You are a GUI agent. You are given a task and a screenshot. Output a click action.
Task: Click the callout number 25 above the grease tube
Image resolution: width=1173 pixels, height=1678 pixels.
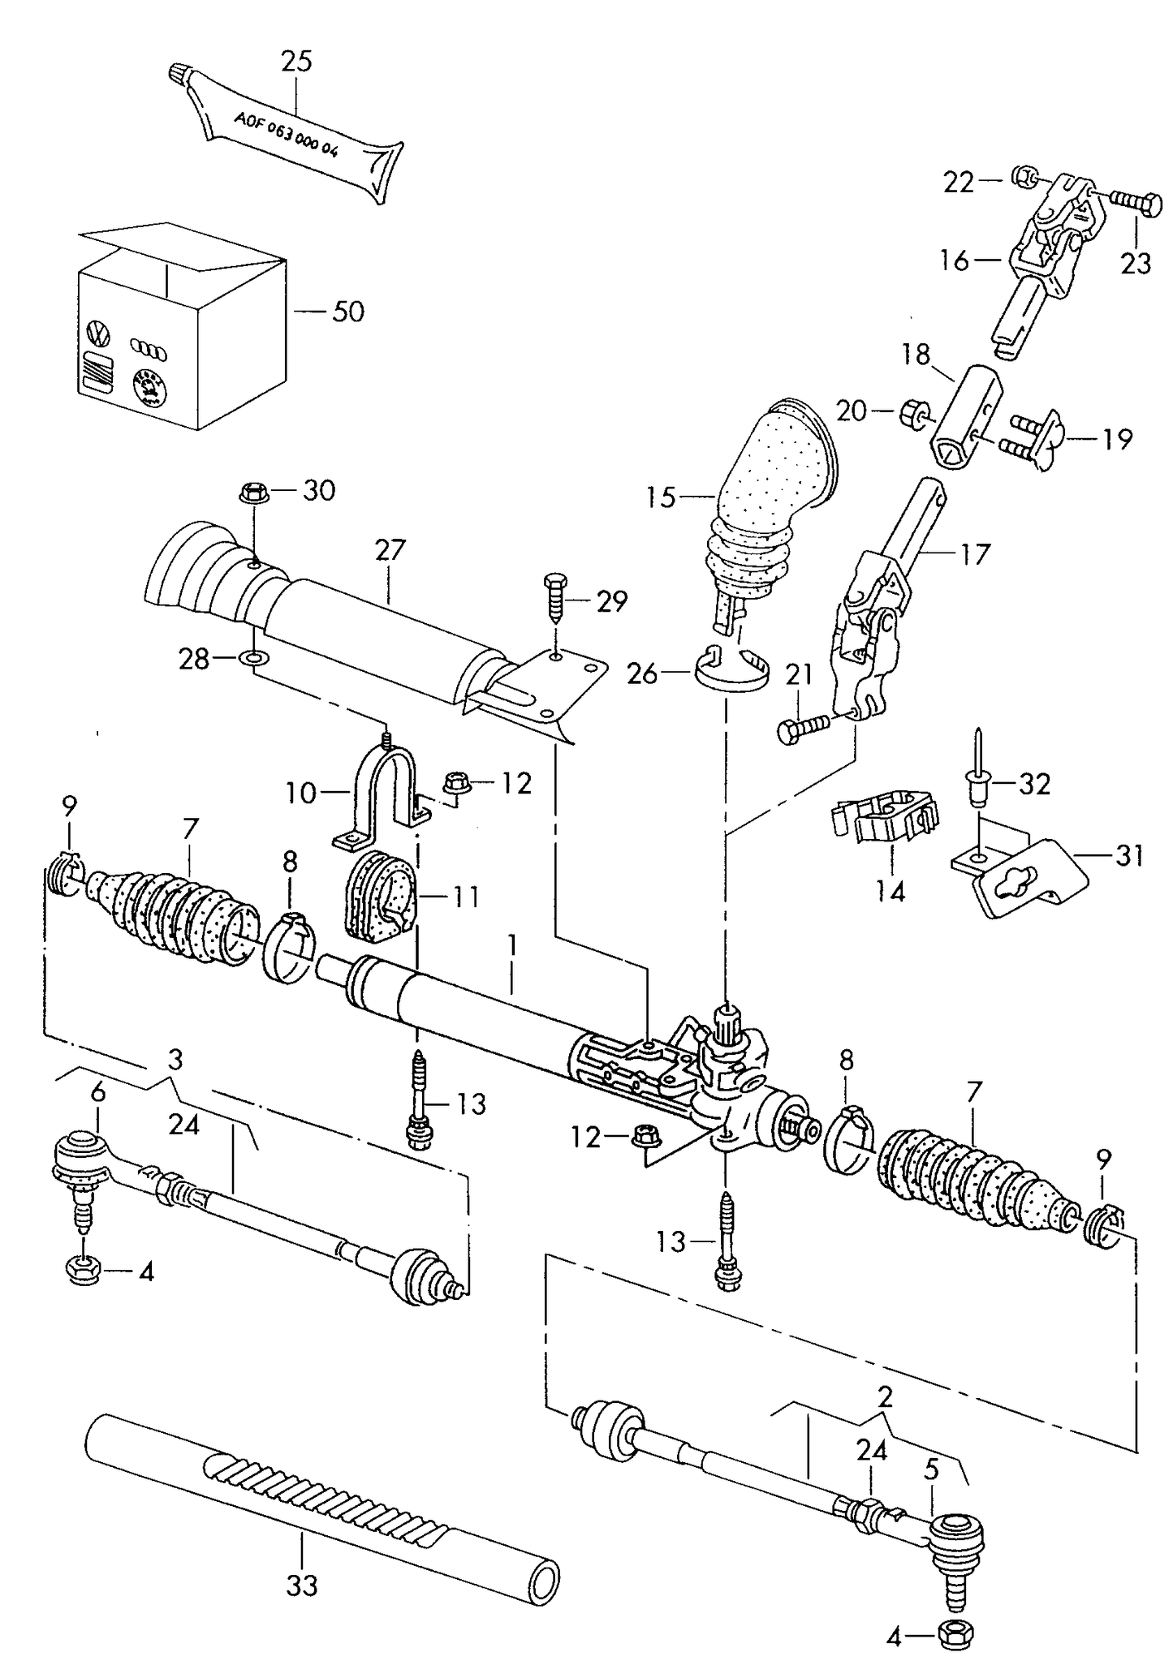click(296, 62)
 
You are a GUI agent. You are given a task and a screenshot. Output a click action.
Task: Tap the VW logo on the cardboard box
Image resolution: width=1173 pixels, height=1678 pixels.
click(97, 333)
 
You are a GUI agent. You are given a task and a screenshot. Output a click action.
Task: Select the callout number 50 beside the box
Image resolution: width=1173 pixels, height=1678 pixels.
click(347, 312)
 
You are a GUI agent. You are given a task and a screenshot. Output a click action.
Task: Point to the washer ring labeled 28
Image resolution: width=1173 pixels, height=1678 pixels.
click(252, 657)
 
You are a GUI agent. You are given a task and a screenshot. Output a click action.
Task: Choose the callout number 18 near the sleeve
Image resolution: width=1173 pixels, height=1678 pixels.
click(915, 355)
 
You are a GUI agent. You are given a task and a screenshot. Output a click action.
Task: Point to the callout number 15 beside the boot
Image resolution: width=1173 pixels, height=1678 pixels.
click(661, 497)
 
